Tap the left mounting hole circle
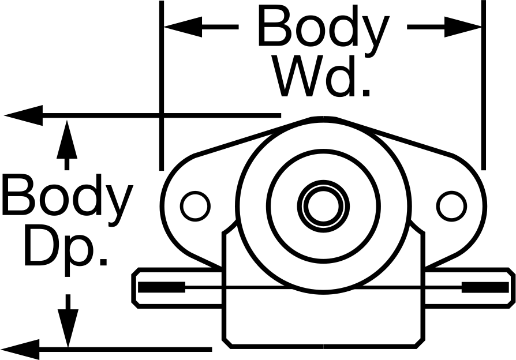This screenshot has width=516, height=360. [x=195, y=207]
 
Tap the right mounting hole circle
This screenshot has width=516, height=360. [x=451, y=207]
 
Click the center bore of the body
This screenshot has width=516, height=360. [x=323, y=206]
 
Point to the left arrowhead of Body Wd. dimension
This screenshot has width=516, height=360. [x=183, y=27]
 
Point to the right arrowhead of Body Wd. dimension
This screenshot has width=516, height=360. [x=463, y=27]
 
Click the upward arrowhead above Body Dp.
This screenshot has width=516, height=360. [x=67, y=140]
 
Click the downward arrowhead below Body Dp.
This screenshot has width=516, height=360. [x=68, y=328]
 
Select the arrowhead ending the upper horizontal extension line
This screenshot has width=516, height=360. [x=24, y=115]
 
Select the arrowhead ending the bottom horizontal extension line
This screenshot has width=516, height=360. [x=20, y=350]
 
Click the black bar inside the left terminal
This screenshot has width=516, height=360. [x=162, y=287]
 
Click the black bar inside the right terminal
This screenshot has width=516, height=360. [x=485, y=287]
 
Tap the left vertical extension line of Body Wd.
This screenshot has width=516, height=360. [x=161, y=85]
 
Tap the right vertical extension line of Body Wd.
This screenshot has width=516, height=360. [x=484, y=85]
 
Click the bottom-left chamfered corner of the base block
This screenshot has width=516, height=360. [x=227, y=343]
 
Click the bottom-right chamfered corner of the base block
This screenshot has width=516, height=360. [x=420, y=343]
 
